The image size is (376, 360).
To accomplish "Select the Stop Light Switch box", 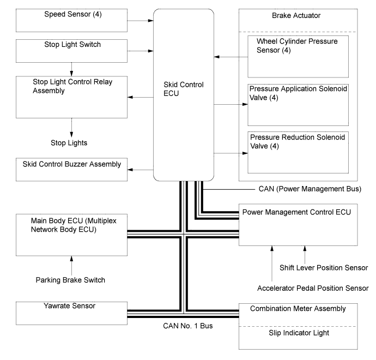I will click(71, 50).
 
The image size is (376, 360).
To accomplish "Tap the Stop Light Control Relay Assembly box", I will click(71, 97).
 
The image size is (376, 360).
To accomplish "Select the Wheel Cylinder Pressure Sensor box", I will click(298, 56).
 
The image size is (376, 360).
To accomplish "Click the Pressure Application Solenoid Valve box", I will click(298, 105).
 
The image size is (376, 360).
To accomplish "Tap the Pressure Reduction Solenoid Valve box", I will click(298, 152).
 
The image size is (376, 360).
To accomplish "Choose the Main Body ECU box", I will click(71, 235).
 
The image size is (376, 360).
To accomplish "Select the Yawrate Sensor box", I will click(71, 313).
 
